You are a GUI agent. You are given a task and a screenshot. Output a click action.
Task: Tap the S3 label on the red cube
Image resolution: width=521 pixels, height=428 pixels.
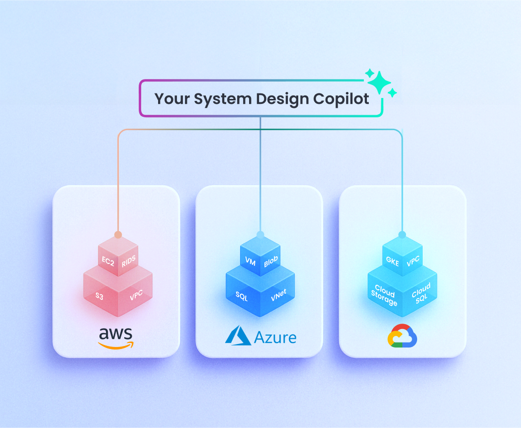[x=100, y=297]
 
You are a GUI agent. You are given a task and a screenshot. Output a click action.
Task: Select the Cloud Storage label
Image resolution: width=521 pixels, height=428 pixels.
[x=384, y=295]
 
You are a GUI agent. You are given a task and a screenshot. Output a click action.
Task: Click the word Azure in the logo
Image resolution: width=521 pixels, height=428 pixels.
[x=275, y=338]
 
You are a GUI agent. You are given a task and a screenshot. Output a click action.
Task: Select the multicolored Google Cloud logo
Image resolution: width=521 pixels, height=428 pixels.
[x=402, y=337]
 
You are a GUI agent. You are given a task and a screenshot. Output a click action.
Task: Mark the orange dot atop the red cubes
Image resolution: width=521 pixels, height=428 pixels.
[x=118, y=234]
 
